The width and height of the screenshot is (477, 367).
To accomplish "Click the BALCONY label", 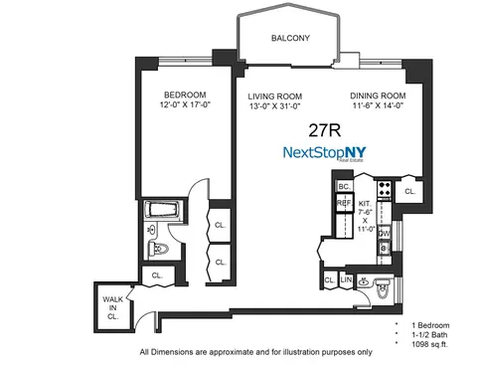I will coord(292,39).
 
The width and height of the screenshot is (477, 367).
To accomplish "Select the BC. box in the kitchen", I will coord(345,186).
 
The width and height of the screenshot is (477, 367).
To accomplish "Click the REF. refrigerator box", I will coord(345,203).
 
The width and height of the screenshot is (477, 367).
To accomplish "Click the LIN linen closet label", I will coord(346,281).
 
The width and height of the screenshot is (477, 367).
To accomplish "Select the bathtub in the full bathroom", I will coord(159,211).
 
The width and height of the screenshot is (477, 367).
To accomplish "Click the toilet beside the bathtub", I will coord(153,249).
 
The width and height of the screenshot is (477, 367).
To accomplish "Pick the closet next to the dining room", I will coord(410,189).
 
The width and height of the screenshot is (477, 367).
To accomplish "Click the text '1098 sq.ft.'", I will coord(429,343).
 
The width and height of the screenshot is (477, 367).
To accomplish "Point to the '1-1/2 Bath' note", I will coord(427,334).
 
